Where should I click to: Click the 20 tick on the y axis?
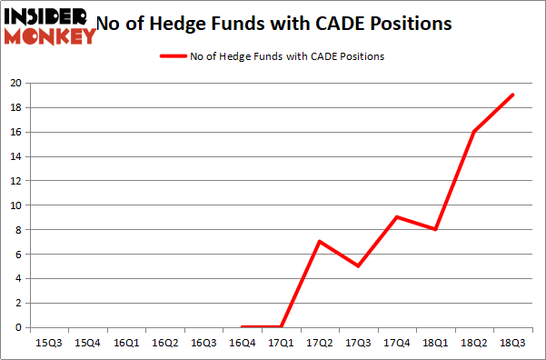15,83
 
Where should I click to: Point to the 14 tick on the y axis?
15,156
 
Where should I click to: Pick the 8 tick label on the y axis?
18,230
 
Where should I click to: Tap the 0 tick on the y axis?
18,328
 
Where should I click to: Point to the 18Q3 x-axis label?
513,343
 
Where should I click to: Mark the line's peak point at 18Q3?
513,95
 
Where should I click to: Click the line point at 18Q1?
436,229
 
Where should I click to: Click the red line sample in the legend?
173,56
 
